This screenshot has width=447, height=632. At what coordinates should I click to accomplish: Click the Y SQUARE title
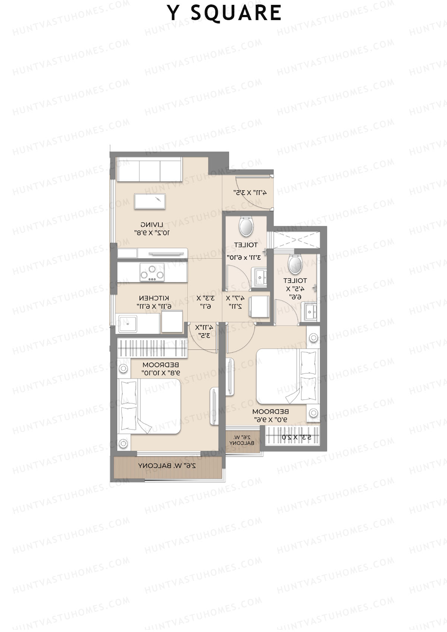[x=225, y=13]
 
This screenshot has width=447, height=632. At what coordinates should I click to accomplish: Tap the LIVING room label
[x=152, y=225]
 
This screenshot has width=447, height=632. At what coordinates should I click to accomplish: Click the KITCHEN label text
[x=154, y=298]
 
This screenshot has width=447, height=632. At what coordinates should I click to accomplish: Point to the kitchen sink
[x=127, y=324]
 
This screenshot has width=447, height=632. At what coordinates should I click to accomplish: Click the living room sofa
[x=149, y=169]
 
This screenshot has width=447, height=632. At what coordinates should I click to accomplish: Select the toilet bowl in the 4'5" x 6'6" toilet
[x=295, y=263]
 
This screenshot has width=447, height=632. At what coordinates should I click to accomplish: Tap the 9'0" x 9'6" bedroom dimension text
[x=270, y=419]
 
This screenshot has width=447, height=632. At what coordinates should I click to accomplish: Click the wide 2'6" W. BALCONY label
[x=167, y=466]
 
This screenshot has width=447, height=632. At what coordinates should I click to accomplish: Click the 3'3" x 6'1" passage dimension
[x=205, y=302]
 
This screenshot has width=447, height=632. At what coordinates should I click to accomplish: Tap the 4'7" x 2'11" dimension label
[x=235, y=302]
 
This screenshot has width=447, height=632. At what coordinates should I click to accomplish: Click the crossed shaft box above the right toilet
[x=297, y=239]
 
